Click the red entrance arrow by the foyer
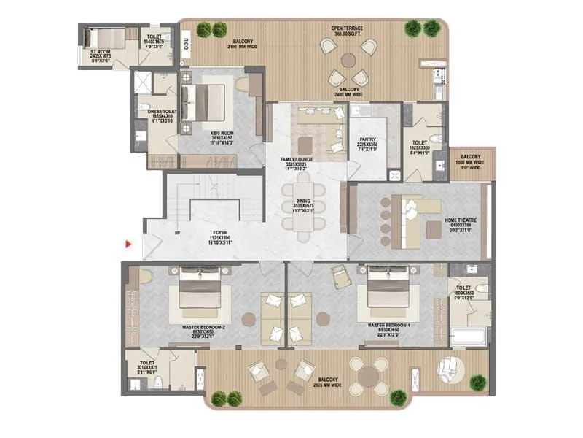pyautogui.click(x=129, y=243)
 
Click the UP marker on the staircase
pyautogui.click(x=177, y=234)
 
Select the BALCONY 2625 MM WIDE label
pyautogui.click(x=327, y=383)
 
